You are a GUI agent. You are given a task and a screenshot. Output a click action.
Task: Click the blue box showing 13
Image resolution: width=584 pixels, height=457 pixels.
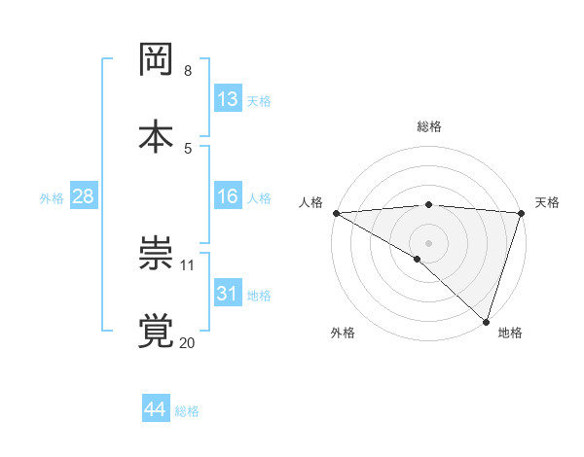[x=228, y=99]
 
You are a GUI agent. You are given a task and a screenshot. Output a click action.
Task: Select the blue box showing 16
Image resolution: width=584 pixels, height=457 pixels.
[x=228, y=197]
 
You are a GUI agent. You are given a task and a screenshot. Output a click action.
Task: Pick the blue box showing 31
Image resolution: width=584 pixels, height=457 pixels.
[x=228, y=294]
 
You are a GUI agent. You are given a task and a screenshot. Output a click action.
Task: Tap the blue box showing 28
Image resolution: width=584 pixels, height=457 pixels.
[x=83, y=197]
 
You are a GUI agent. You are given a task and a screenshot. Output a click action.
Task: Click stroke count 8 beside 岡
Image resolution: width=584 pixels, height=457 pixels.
[x=187, y=71]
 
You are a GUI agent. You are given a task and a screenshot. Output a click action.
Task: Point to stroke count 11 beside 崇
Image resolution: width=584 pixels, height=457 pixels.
[x=188, y=264]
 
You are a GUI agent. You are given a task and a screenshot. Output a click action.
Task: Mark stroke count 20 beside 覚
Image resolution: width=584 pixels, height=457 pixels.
[x=188, y=342]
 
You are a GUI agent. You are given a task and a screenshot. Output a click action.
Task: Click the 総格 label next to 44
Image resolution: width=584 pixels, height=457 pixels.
[x=187, y=411]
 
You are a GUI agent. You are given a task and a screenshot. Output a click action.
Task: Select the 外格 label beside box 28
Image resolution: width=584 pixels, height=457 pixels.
[x=52, y=198]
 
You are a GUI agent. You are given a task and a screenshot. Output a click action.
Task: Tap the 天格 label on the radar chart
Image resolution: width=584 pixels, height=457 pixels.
[x=547, y=202]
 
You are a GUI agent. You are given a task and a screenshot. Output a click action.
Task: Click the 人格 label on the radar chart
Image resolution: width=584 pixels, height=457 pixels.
[x=311, y=202]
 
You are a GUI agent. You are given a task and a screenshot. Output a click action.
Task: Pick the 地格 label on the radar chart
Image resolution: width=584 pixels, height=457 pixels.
[x=510, y=333]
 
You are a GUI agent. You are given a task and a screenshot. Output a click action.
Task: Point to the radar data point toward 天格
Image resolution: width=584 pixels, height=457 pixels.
[x=522, y=213]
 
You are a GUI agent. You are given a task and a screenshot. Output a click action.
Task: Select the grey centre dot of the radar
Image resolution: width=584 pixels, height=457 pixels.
[x=428, y=241]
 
